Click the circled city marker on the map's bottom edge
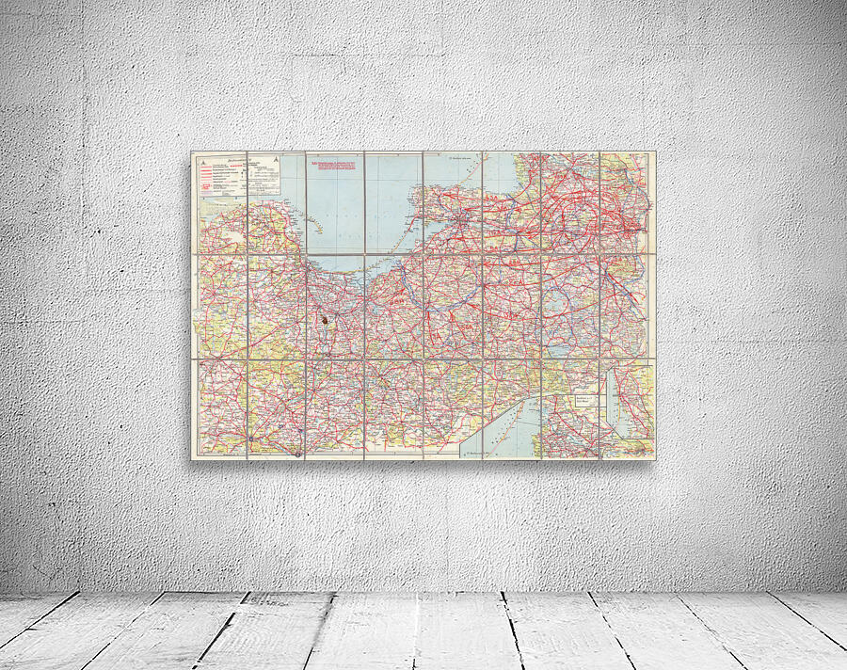click(297, 455)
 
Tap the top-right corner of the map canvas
click(656, 151)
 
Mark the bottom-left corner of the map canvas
click(191, 458)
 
